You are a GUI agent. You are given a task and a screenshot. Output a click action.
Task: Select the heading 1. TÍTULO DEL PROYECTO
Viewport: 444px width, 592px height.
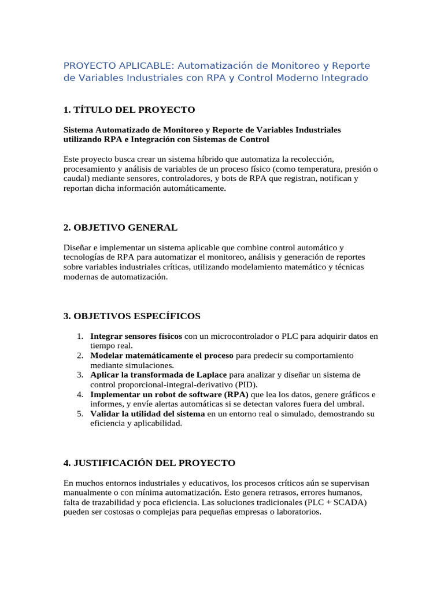click(x=129, y=110)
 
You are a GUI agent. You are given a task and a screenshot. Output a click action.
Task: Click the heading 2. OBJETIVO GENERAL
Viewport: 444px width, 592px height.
click(x=120, y=228)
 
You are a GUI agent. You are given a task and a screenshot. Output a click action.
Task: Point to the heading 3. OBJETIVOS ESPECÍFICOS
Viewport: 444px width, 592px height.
click(x=132, y=316)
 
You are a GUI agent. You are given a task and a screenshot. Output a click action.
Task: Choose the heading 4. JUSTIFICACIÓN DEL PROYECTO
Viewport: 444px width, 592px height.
click(x=149, y=463)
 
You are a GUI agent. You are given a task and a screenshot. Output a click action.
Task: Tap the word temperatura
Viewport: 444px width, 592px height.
click(x=299, y=169)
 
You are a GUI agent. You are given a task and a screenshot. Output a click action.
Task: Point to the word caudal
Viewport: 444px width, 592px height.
click(x=75, y=179)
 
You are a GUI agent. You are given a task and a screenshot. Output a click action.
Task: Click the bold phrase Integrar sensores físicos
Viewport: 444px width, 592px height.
click(x=136, y=336)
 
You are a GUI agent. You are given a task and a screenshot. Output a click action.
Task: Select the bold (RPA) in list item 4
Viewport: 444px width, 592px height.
click(x=235, y=394)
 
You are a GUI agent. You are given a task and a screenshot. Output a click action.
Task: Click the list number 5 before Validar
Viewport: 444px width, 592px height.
click(x=80, y=414)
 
